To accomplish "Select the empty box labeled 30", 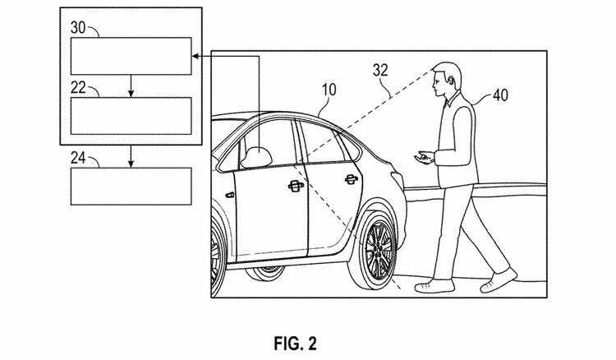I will (x=131, y=56).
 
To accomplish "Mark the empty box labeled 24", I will (x=131, y=187).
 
